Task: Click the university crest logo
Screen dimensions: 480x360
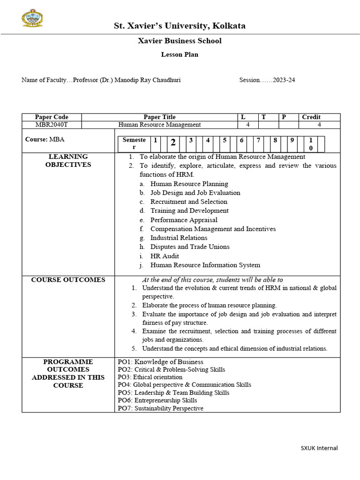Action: click(32, 18)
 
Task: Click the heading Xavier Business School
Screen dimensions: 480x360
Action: click(180, 41)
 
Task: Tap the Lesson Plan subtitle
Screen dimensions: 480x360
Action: click(180, 54)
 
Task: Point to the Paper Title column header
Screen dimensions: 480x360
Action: click(159, 117)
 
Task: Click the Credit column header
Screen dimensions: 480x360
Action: click(311, 117)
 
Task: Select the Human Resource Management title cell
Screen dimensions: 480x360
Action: click(159, 125)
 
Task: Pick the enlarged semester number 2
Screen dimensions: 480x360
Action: click(173, 142)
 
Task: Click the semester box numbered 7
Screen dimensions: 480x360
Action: click(258, 140)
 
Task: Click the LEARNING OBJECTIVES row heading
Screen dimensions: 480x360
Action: click(68, 161)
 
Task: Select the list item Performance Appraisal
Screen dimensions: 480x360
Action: click(184, 220)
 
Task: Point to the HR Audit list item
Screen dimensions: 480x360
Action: click(165, 256)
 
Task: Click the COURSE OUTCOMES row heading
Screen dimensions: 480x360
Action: click(68, 280)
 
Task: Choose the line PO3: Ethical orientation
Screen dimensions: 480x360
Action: click(150, 377)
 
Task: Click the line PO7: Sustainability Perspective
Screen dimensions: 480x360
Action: click(160, 408)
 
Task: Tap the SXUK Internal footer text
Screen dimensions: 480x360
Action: click(319, 448)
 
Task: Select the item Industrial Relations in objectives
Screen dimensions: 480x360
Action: click(179, 238)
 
